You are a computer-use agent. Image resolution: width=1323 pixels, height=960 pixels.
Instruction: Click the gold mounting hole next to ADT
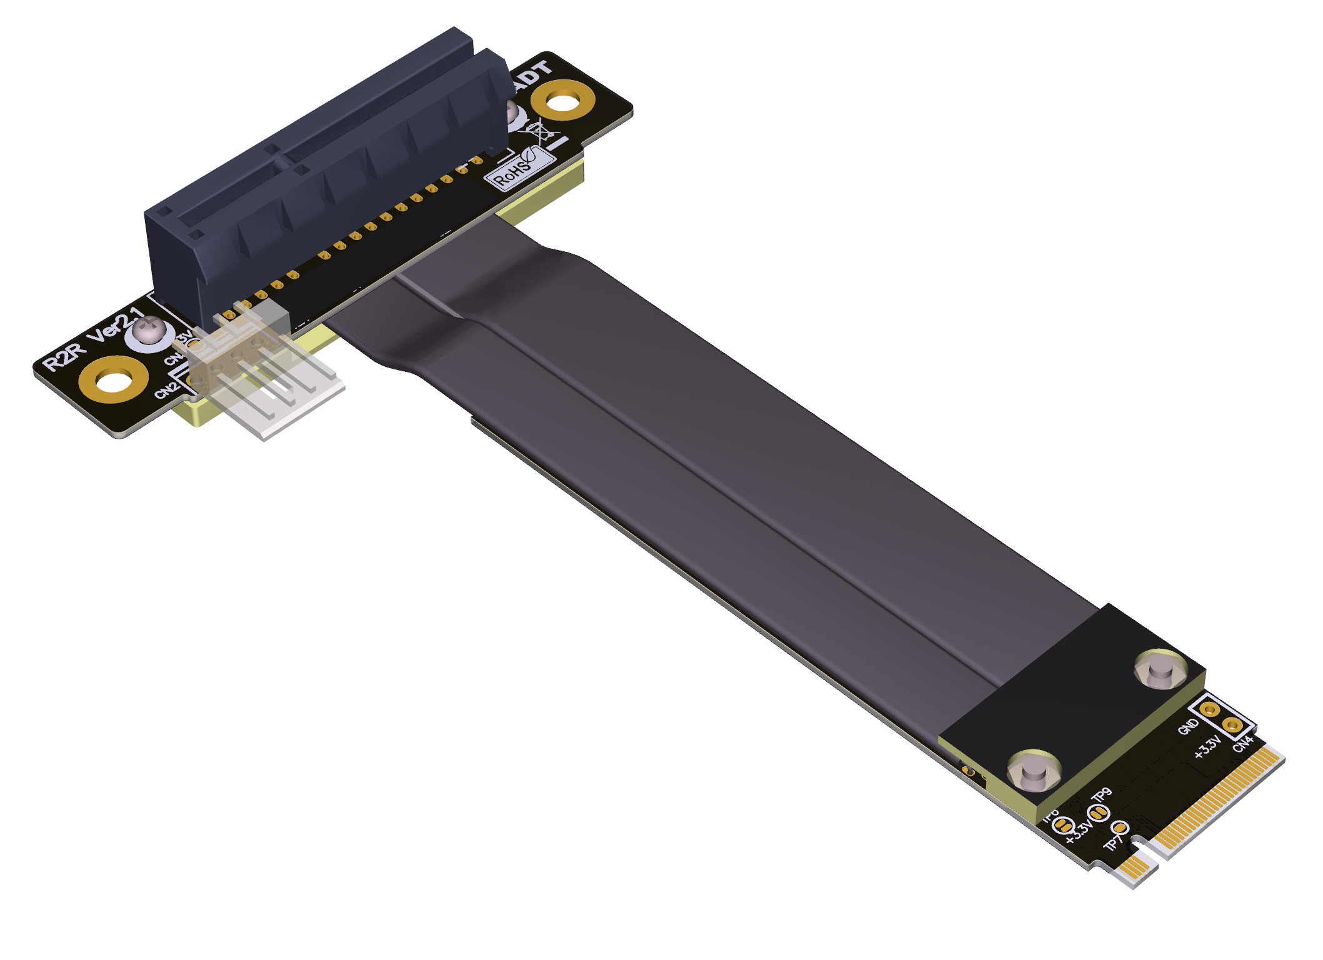coord(562,100)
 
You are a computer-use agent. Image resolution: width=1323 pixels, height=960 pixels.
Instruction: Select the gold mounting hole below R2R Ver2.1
coord(114,379)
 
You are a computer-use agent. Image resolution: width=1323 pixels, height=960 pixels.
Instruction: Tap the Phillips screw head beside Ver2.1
coord(149,331)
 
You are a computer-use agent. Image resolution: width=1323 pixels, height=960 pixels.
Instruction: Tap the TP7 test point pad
coord(1120,829)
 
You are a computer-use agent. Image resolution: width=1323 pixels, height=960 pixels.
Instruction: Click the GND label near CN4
coord(1188,726)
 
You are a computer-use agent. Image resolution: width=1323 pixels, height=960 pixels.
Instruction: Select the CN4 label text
coord(1242,744)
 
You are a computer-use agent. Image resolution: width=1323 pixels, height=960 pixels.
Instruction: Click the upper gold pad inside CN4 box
coord(1210,709)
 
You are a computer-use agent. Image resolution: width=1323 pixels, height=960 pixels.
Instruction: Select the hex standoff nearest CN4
coord(1161,669)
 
